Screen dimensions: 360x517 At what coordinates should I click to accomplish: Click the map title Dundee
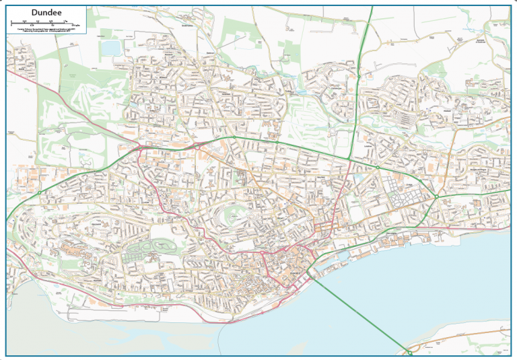pyautogui.click(x=46, y=11)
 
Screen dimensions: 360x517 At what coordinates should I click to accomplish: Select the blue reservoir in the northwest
pyautogui.click(x=110, y=48)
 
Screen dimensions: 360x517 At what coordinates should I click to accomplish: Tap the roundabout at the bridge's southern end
pyautogui.click(x=409, y=351)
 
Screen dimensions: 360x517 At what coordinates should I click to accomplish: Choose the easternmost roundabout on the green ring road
pyautogui.click(x=437, y=196)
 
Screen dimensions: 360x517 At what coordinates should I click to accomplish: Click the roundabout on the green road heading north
pyautogui.click(x=359, y=77)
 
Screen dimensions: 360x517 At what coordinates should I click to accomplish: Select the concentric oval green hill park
pyautogui.click(x=232, y=215)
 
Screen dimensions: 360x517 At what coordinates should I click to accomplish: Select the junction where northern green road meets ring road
pyautogui.click(x=350, y=159)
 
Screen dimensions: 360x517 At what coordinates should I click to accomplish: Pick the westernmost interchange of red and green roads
pyautogui.click(x=143, y=145)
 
